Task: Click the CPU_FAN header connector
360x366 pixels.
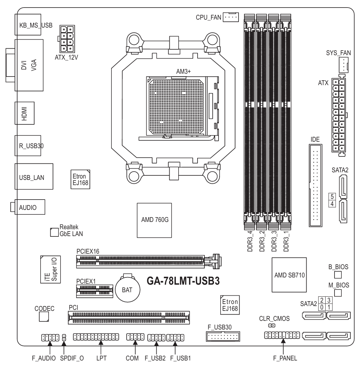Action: [231, 17]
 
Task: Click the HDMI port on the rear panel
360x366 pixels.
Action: [25, 113]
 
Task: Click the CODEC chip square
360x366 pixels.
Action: [44, 316]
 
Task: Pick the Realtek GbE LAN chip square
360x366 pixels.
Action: [53, 232]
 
